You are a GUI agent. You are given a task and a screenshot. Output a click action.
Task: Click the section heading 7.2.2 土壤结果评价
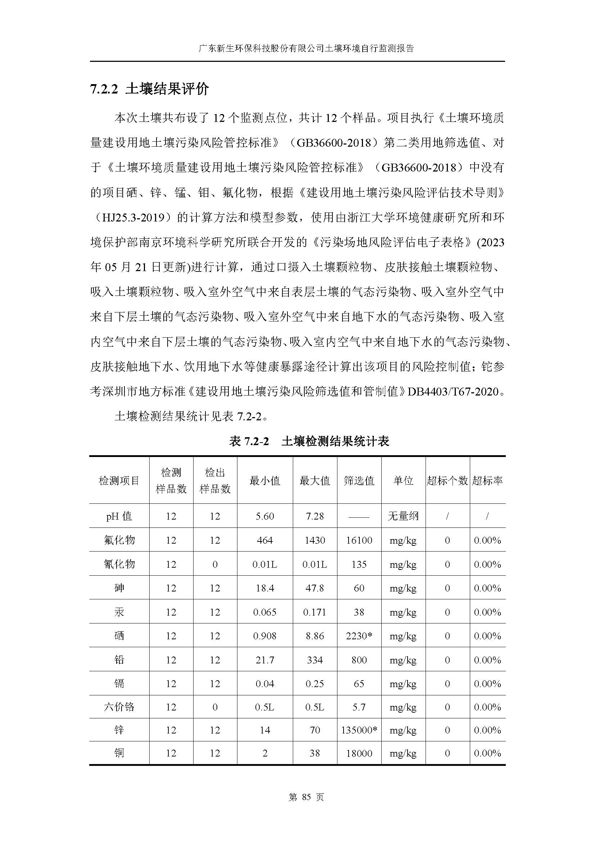click(150, 90)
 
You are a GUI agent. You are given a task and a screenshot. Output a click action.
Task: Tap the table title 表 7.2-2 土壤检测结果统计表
click(309, 441)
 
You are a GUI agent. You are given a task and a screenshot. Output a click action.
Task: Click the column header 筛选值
click(359, 481)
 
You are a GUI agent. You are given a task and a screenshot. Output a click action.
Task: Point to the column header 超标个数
click(447, 481)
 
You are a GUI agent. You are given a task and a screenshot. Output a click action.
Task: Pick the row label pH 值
click(119, 516)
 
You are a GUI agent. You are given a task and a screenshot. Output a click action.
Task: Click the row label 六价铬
click(119, 707)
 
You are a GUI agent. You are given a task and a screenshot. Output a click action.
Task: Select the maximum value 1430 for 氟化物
click(315, 540)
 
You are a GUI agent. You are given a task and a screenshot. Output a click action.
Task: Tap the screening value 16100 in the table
click(359, 540)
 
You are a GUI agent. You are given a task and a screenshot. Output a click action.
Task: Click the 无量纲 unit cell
click(403, 516)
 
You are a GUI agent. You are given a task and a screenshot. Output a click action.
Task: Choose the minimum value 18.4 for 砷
click(264, 588)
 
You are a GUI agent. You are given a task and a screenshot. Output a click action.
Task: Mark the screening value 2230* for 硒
click(359, 635)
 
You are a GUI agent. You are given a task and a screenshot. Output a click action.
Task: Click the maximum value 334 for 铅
click(315, 660)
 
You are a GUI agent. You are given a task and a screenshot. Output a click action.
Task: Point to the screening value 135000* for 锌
click(359, 730)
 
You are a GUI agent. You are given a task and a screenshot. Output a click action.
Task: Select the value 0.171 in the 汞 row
click(315, 612)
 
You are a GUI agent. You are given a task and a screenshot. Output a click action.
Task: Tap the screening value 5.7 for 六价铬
click(359, 707)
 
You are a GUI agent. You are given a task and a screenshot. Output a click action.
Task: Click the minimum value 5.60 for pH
click(264, 516)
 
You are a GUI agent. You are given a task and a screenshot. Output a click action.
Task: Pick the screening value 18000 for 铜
click(359, 753)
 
